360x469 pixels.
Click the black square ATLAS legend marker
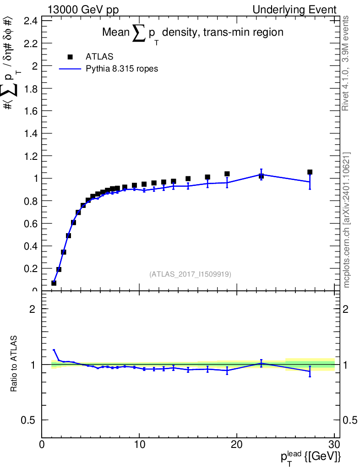point(70,57)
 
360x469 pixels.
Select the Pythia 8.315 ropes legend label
point(122,69)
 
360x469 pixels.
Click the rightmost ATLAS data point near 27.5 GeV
point(310,172)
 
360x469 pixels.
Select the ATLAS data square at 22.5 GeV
point(261,176)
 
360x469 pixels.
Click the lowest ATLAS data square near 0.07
point(54,283)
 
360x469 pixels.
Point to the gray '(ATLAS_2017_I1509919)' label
point(190,274)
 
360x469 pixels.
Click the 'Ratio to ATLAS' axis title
point(15,364)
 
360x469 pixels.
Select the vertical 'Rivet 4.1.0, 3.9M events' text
point(346,63)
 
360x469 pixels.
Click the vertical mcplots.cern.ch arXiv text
point(347,220)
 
